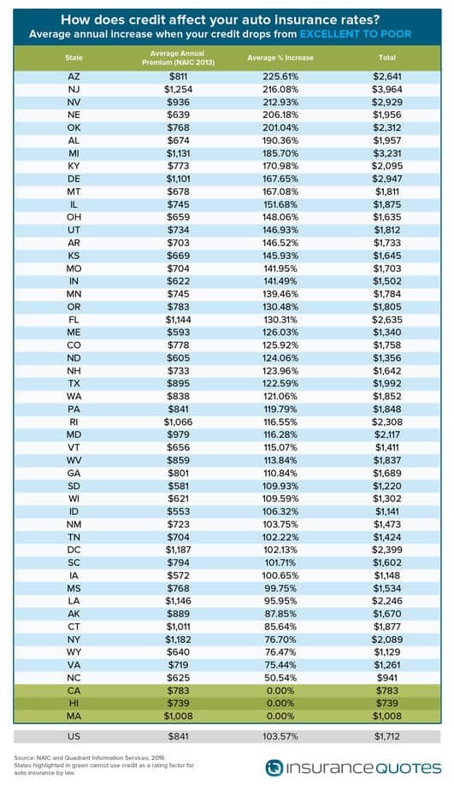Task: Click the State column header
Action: pos(74,57)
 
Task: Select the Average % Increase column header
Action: pos(280,57)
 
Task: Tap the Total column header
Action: pos(387,57)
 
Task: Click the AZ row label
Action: pos(74,77)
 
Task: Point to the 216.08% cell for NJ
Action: pos(280,89)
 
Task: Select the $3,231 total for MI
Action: pos(387,153)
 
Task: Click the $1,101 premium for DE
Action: pos(179,179)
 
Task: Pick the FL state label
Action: pos(74,320)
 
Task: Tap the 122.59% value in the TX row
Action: pos(280,383)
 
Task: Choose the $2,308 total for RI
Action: pos(387,422)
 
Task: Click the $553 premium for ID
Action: pos(179,511)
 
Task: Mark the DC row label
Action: pos(74,550)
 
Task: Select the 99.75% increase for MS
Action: pos(280,588)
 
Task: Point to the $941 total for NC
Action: pos(387,678)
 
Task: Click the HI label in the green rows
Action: pos(74,704)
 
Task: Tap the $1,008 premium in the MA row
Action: pos(179,716)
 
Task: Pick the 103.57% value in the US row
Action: pos(280,736)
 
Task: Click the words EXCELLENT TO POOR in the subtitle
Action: pos(356,34)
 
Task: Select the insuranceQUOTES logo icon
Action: pos(274,768)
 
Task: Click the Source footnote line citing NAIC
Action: pos(89,758)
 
